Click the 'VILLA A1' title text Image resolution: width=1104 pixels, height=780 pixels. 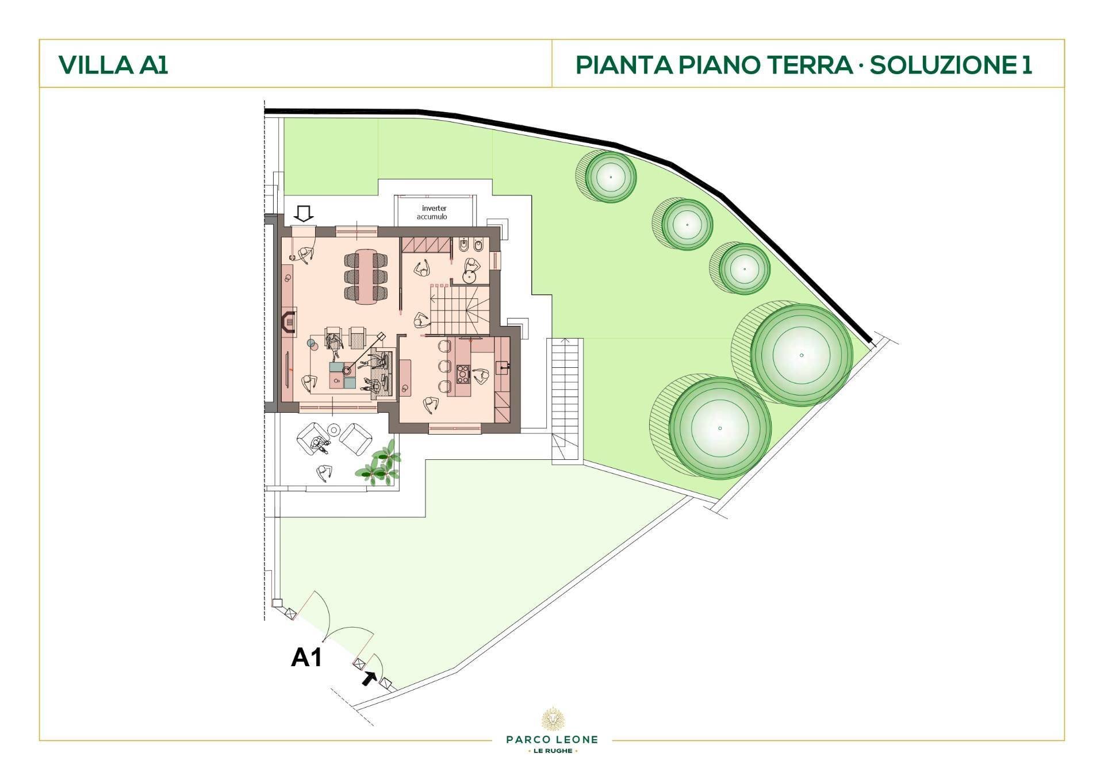tap(113, 64)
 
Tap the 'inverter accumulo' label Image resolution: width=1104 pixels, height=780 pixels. tap(434, 212)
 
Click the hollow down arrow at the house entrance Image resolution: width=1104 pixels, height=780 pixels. tap(304, 214)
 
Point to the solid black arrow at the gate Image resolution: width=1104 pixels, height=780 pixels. tap(369, 678)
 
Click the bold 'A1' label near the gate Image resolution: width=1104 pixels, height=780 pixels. tap(306, 657)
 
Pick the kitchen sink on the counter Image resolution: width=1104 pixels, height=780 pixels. tap(502, 365)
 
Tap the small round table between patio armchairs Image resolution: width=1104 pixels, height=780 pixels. tap(333, 429)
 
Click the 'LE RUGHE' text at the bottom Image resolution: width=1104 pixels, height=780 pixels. tap(552, 751)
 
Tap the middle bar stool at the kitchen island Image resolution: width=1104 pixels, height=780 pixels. tap(444, 366)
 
